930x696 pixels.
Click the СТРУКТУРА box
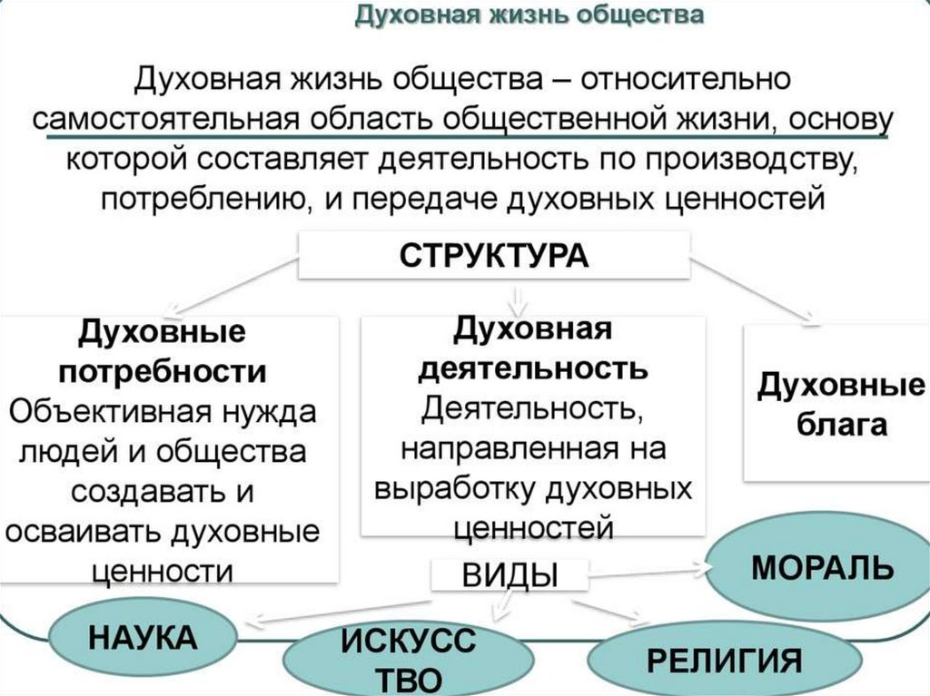coord(494,255)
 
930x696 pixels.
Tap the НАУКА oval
coord(142,637)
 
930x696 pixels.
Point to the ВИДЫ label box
coord(510,576)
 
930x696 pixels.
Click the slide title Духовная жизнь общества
coord(529,16)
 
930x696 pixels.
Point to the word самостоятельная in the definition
coord(168,120)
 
